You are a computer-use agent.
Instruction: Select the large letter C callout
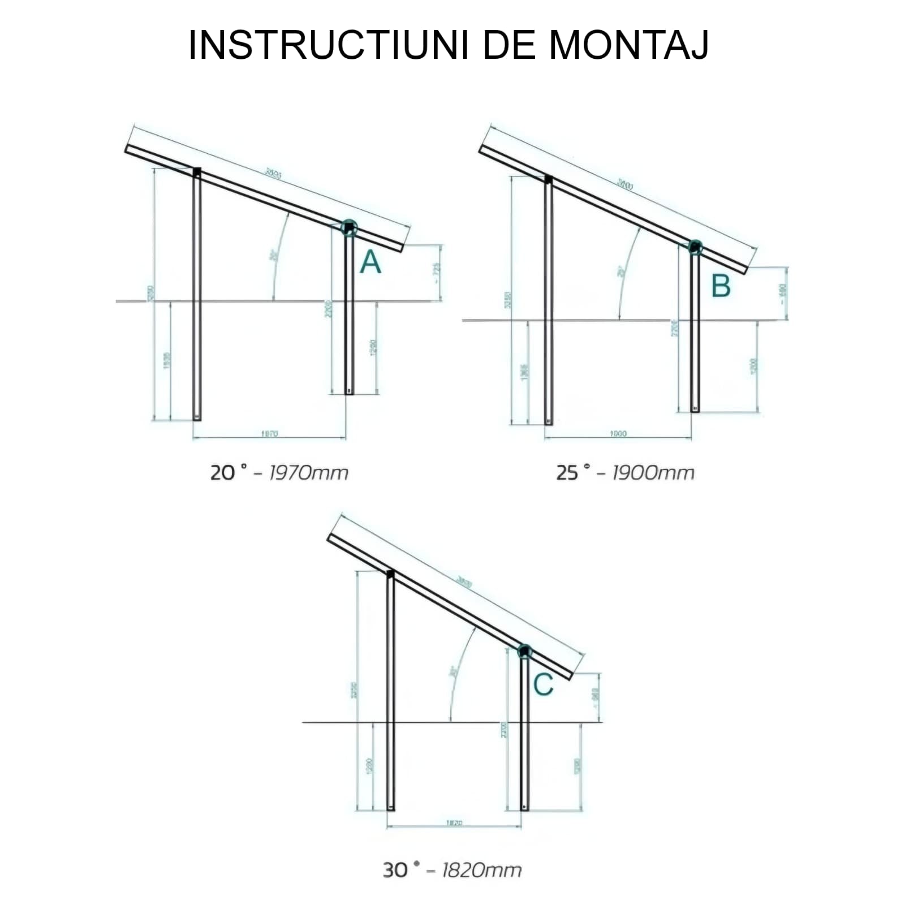click(543, 685)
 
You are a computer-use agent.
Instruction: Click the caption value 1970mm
click(308, 472)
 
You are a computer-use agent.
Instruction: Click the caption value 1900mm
click(653, 472)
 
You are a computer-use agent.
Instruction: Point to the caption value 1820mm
click(481, 870)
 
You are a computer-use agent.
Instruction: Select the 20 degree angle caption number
click(222, 472)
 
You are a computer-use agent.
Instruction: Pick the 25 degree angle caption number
click(567, 472)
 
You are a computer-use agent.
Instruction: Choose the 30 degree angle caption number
click(395, 870)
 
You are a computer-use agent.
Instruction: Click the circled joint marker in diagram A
click(349, 228)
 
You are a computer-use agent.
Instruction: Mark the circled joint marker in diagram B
click(695, 247)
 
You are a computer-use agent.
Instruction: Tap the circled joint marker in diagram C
click(524, 651)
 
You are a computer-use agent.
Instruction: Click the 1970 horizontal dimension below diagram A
click(269, 434)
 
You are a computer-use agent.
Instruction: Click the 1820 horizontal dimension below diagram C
click(454, 822)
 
